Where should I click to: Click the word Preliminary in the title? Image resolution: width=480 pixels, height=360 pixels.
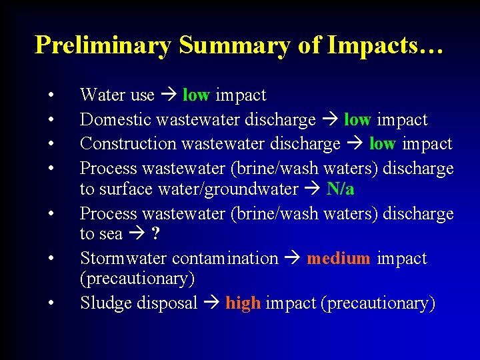[103, 45]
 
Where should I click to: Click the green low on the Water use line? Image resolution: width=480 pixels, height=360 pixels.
[195, 95]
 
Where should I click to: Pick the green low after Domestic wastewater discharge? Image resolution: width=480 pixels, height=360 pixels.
[357, 120]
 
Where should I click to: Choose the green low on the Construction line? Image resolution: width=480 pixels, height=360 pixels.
[382, 144]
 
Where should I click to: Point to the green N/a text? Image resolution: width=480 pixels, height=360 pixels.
[340, 189]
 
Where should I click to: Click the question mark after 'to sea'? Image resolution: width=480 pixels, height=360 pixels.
[155, 234]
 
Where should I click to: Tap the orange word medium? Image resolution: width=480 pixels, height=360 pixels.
[338, 259]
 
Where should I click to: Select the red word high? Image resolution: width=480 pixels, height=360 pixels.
[243, 303]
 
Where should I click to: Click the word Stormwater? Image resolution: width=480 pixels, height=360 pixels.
[123, 259]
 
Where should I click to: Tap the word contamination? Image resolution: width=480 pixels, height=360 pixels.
[225, 259]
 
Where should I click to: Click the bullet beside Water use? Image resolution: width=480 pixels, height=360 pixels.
[51, 95]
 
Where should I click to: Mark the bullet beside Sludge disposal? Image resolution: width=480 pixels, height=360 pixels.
[51, 303]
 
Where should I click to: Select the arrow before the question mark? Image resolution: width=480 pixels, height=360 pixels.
[137, 234]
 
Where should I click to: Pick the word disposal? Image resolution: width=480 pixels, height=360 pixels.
[167, 303]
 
